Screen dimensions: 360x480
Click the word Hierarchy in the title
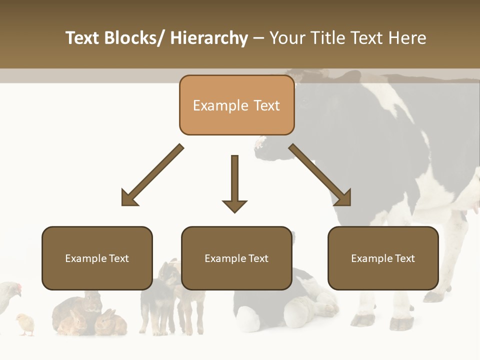pyautogui.click(x=208, y=38)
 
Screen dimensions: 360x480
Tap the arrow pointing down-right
pyautogui.click(x=320, y=175)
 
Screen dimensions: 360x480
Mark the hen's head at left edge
pyautogui.click(x=15, y=289)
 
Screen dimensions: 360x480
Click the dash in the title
pyautogui.click(x=258, y=38)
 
